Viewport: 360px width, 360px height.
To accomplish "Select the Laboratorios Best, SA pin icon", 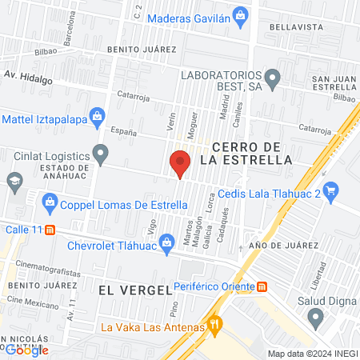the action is click(273, 78).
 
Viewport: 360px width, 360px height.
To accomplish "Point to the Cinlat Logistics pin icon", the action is click(100, 151).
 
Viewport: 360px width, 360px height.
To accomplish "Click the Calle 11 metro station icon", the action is click(50, 229).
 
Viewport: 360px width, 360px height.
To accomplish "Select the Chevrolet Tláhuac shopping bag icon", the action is click(166, 242).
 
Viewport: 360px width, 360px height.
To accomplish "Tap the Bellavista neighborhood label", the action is click(296, 26).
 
